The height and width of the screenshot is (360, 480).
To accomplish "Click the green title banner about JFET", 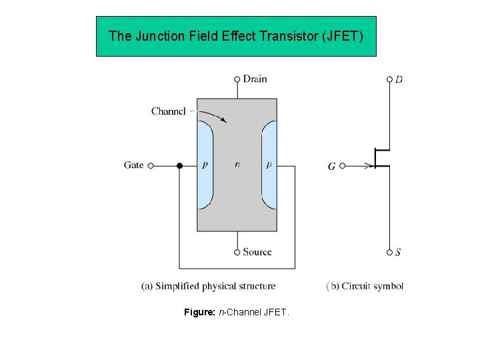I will (x=236, y=36).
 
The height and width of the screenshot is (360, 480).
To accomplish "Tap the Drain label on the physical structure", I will (x=255, y=79).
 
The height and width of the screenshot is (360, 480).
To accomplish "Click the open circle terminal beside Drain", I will (x=237, y=79).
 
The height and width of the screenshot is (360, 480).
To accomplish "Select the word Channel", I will (x=168, y=111).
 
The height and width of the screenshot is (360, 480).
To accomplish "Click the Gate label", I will (x=133, y=165).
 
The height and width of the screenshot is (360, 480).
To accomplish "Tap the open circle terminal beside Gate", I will (x=151, y=165).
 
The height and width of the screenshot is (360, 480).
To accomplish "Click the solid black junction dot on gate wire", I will (x=179, y=165).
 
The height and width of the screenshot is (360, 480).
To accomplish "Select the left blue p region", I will (x=205, y=165).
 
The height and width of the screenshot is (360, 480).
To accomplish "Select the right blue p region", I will (x=269, y=165).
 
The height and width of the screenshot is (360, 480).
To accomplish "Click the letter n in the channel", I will (x=237, y=165).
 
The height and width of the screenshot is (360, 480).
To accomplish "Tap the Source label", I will (x=257, y=252).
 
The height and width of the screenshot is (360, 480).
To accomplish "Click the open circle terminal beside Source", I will (x=237, y=252).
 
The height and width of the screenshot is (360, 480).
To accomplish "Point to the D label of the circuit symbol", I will (x=399, y=80).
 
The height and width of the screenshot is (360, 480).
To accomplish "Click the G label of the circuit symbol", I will (x=331, y=167).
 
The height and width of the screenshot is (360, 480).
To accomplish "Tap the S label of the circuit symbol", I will (x=398, y=253).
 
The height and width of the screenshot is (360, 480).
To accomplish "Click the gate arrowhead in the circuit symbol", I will (x=369, y=166).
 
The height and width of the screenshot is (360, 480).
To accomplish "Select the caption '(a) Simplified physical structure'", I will (x=208, y=286).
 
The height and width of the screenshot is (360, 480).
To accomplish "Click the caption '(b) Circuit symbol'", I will (x=365, y=286).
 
